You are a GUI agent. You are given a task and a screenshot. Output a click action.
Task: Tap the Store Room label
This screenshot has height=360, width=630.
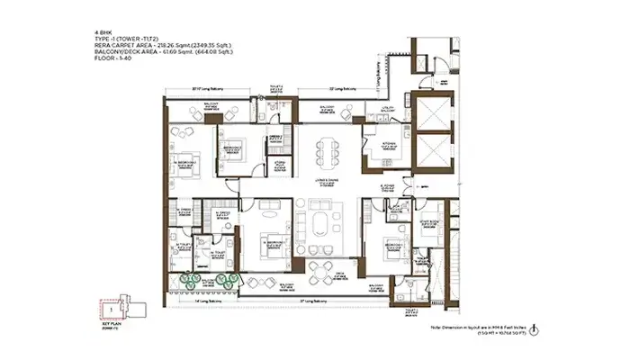click(279, 165)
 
